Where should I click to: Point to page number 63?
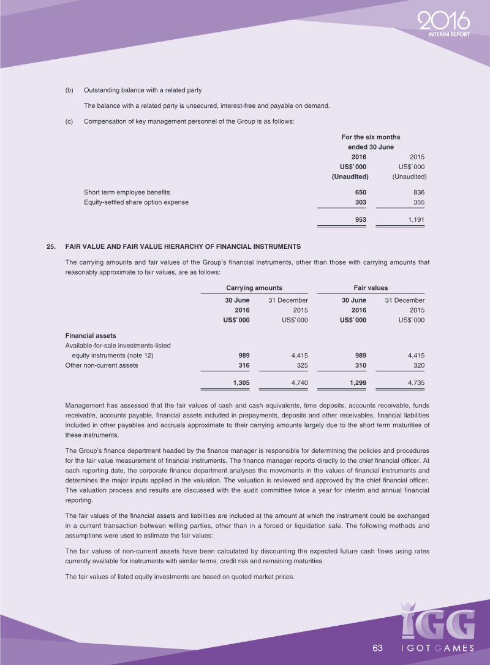coord(377,648)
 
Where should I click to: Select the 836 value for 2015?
coord(418,192)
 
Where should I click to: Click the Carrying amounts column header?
coord(254,287)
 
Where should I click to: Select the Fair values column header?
coord(371,287)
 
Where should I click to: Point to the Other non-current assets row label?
coord(102,365)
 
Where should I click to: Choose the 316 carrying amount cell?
coord(243,365)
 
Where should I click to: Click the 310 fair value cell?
coord(360,365)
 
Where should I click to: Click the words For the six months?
coord(370,137)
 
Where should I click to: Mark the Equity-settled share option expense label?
coord(136,202)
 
